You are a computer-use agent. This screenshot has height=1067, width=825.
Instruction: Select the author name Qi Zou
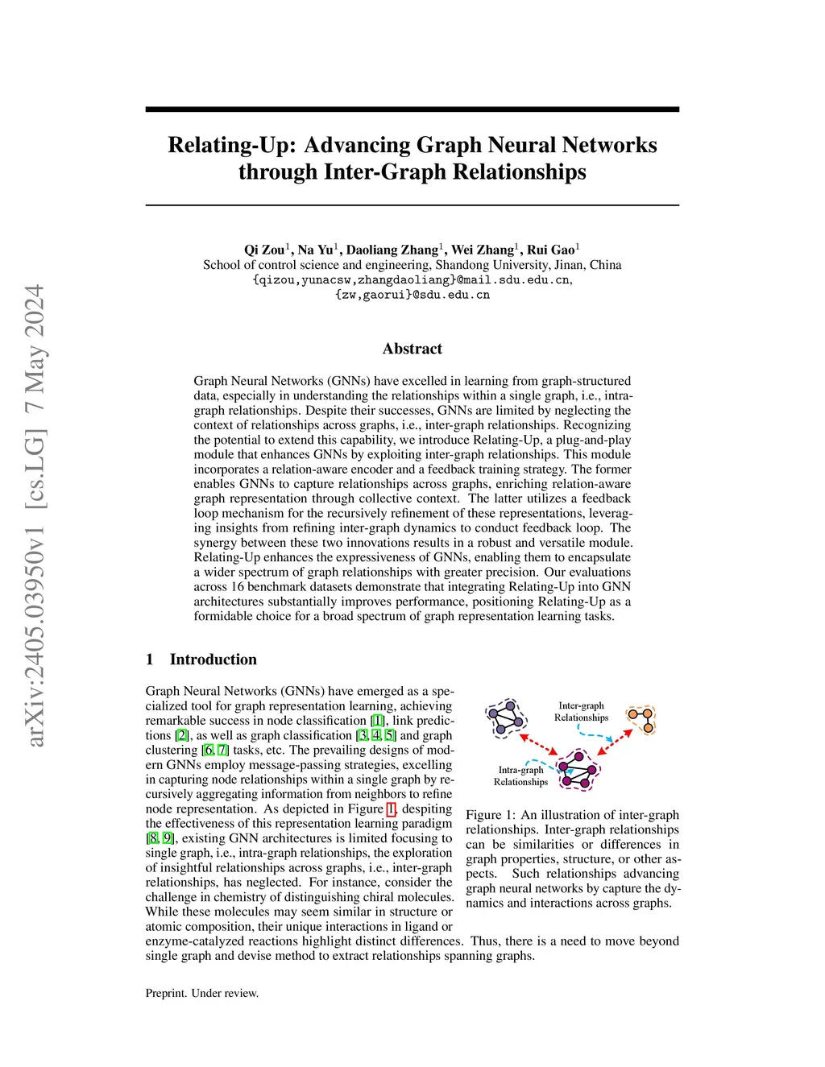[x=264, y=250]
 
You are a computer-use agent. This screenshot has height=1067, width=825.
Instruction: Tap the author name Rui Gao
[x=551, y=250]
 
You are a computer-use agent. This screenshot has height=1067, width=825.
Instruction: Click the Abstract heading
[x=412, y=349]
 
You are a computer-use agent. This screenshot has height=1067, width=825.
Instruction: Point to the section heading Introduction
[x=213, y=660]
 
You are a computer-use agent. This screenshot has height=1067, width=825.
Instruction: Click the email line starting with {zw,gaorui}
[x=412, y=295]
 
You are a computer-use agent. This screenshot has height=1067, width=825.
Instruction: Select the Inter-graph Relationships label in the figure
[x=581, y=712]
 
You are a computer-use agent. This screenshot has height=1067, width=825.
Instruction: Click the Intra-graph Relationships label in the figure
[x=520, y=776]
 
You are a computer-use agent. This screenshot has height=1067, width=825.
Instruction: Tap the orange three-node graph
[x=643, y=719]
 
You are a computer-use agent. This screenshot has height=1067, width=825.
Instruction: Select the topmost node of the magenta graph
[x=578, y=755]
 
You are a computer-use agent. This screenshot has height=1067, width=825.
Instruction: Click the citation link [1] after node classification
[x=377, y=721]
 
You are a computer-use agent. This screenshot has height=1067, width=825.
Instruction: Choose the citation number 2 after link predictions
[x=182, y=735]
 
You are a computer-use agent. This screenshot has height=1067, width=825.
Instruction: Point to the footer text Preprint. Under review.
[x=202, y=993]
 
